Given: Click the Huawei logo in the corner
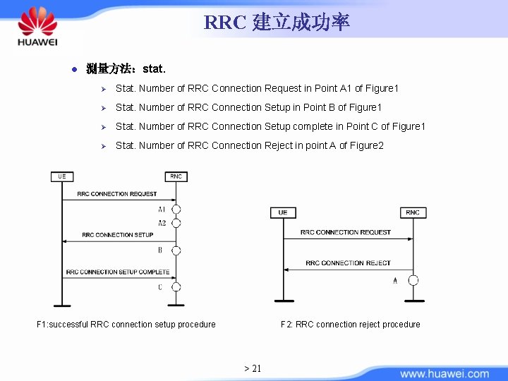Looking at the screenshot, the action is pos(37,28).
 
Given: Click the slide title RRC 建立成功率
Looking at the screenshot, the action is pos(277,23).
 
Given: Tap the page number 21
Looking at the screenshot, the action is pos(253,368).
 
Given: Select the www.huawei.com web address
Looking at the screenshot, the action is pos(445,374).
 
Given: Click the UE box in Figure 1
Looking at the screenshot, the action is pos(62,176).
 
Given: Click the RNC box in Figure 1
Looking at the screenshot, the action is pos(176,176).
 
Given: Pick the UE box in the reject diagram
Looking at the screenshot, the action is pos(283,212).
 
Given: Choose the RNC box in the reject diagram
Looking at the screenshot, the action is pos(413,212).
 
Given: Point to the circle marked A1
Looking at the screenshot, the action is pos(176,210).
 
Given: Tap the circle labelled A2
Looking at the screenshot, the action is pos(176,223).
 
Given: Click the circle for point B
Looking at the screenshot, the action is pos(176,250).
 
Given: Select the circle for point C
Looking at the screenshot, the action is pos(176,286).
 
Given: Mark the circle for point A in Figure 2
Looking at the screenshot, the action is pos(413,280).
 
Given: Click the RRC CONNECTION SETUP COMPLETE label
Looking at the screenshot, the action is pos(118,272).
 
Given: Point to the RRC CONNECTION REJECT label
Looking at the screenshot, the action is pos(348,263).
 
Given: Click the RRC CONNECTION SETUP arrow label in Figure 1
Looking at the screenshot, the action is pos(117,234).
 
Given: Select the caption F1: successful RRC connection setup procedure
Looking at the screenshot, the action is pos(126,325).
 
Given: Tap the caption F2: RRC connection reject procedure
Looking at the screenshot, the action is pos(350,325).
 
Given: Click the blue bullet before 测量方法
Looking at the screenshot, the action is pos(73,69).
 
